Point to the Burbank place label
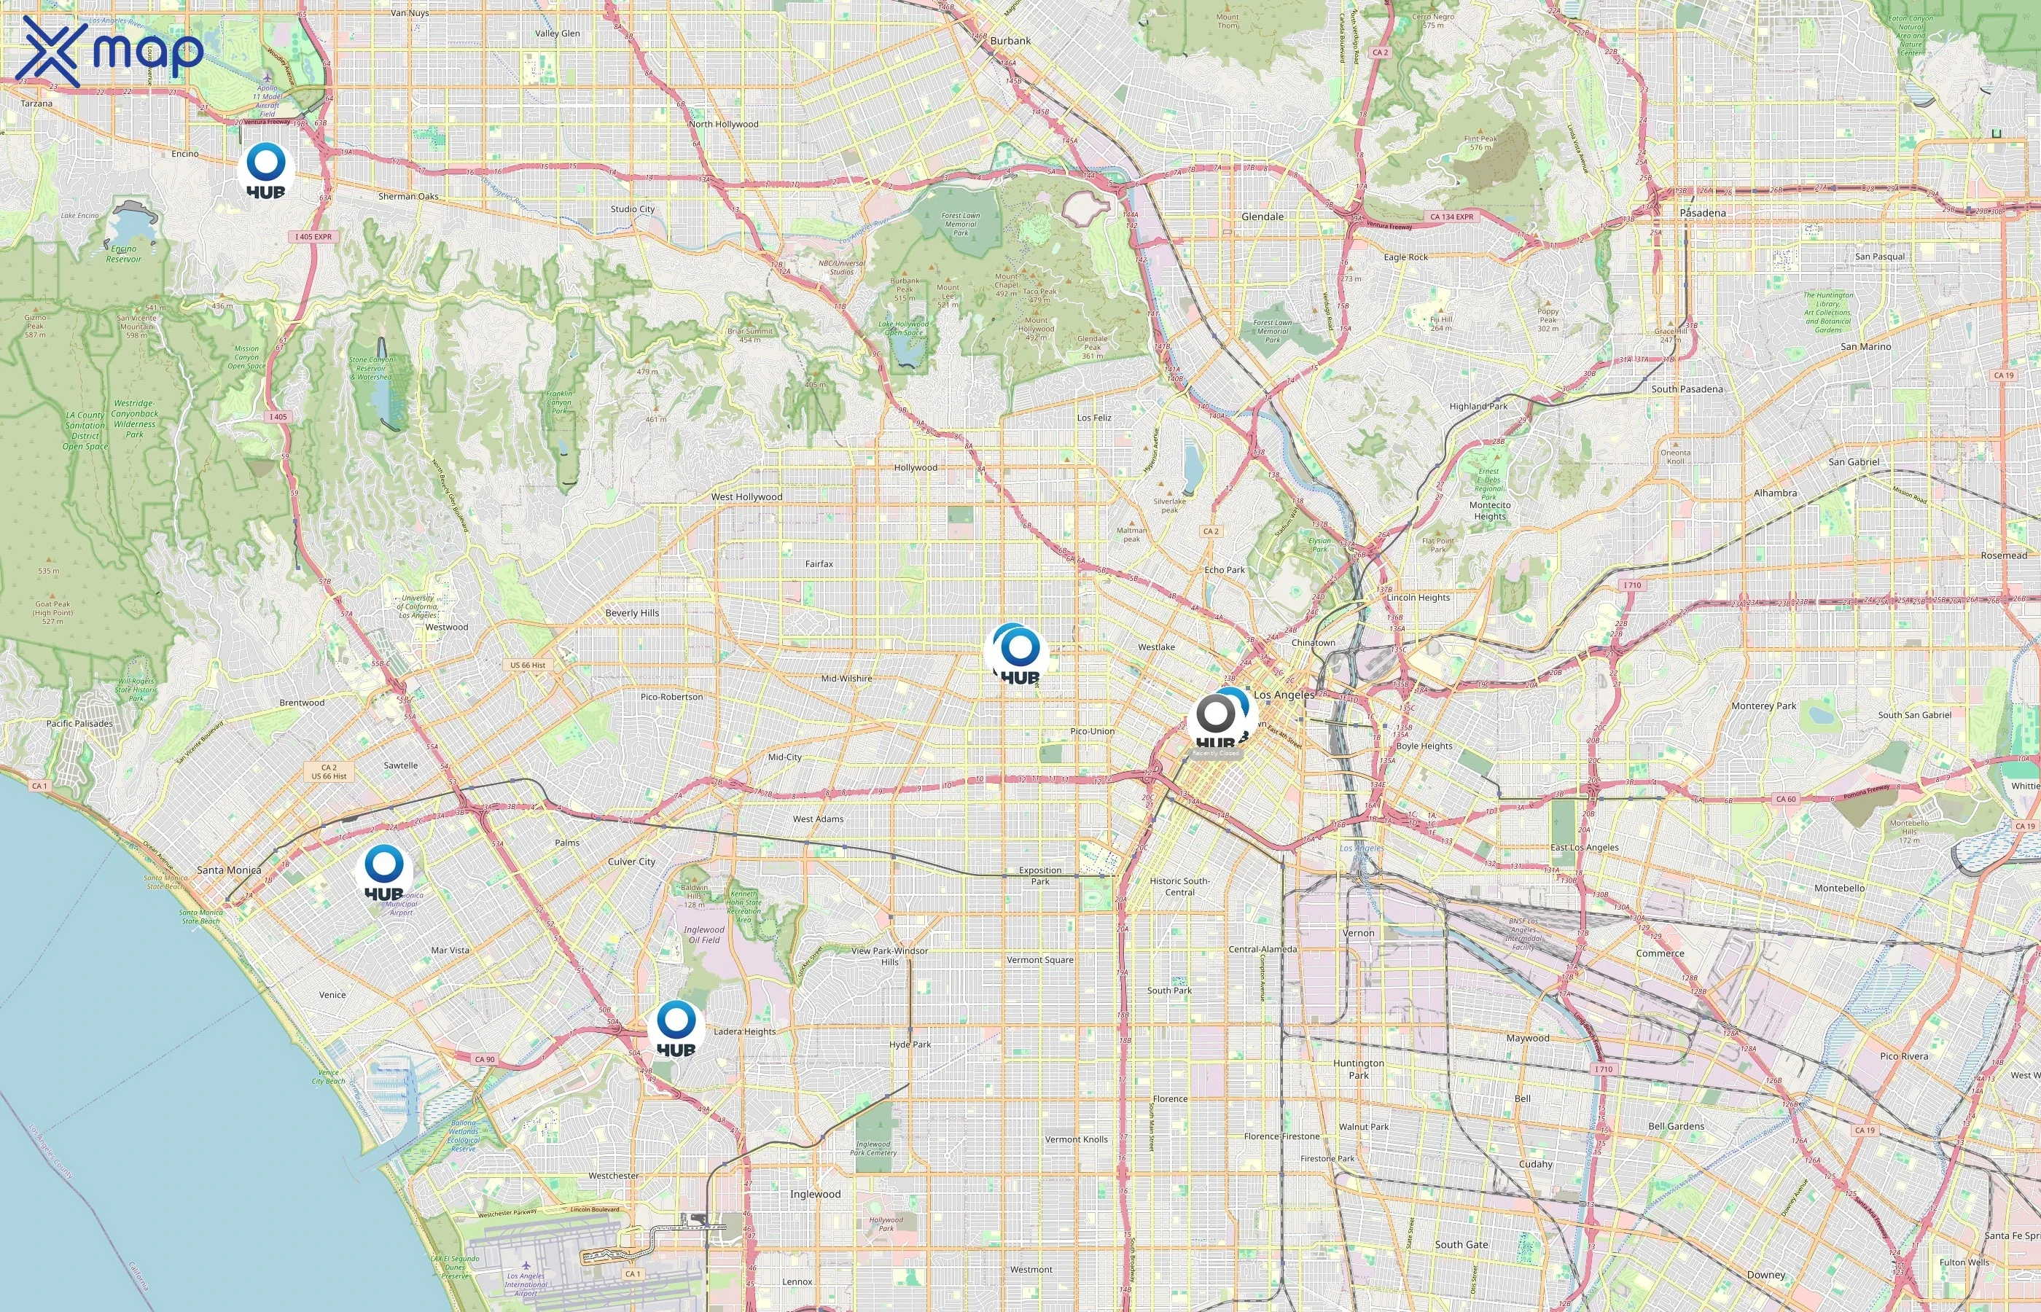1010,41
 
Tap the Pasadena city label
1702,213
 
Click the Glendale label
1262,216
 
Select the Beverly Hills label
631,612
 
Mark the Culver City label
631,862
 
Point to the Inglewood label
814,1194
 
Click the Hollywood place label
915,468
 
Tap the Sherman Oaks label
408,196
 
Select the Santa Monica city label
228,870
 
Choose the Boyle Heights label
1424,746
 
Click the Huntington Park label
1358,1069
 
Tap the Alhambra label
1774,493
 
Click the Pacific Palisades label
79,723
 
